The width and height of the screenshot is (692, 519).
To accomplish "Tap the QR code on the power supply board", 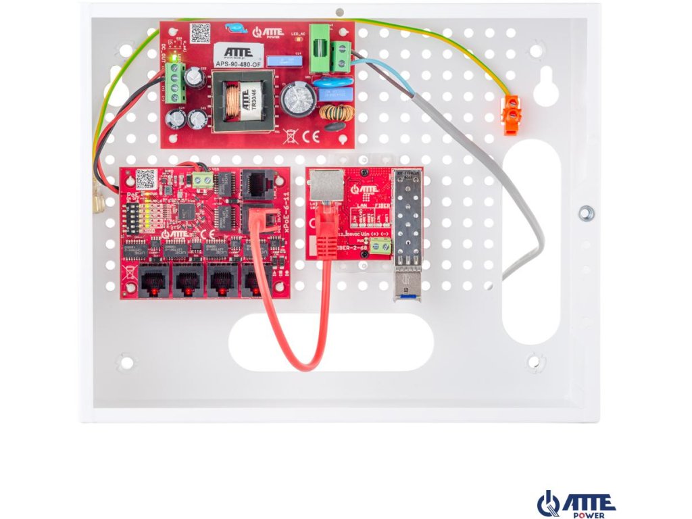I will (x=200, y=32).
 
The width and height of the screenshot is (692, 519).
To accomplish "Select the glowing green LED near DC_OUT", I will (x=174, y=58).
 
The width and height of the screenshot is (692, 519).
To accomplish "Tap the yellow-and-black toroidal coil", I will (x=336, y=112).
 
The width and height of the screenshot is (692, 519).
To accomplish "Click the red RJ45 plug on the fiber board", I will (x=326, y=216).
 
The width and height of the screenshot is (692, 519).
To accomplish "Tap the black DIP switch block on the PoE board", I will (x=133, y=216).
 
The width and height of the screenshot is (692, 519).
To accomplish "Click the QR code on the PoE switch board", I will (x=145, y=178).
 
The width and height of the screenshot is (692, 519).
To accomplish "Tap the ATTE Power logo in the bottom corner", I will (x=576, y=503).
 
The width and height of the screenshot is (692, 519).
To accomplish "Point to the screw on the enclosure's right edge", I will (x=586, y=214).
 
